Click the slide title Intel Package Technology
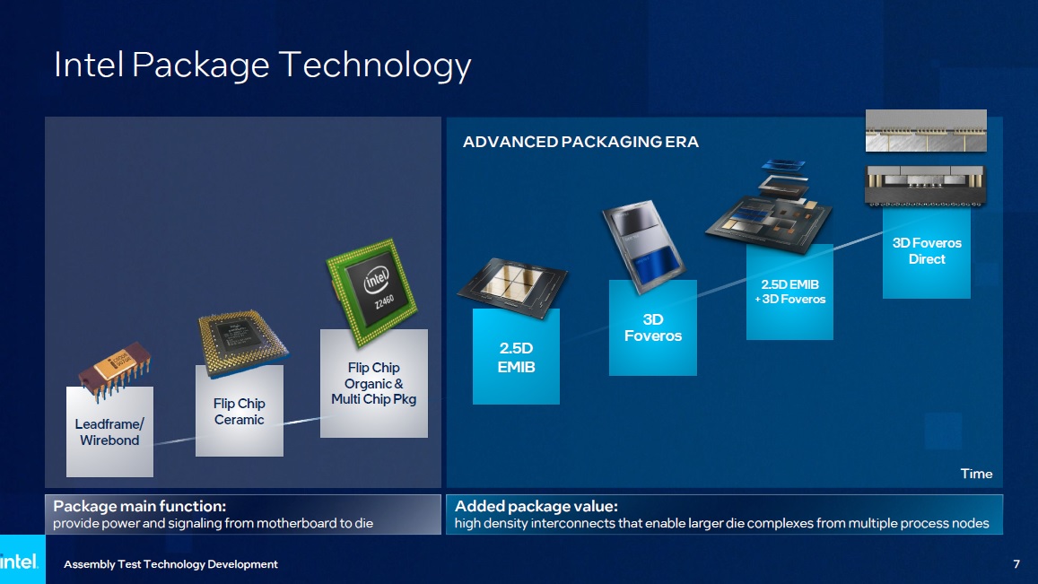(x=262, y=65)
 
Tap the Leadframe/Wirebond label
(x=109, y=432)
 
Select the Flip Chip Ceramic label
(x=239, y=411)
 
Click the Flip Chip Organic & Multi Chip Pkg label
(x=373, y=383)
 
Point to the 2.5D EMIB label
(x=517, y=358)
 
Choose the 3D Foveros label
(x=653, y=327)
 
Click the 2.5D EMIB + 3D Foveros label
(x=789, y=292)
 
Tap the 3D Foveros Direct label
(x=927, y=251)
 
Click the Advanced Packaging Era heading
(x=580, y=142)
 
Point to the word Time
(x=976, y=474)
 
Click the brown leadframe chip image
(x=114, y=370)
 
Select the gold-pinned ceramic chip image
(x=242, y=343)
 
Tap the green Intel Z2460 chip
(x=372, y=292)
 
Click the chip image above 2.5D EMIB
(x=512, y=286)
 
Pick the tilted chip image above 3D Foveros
(x=642, y=245)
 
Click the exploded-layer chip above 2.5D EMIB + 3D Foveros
(x=770, y=206)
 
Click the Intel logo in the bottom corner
(x=20, y=562)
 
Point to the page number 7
(x=1016, y=564)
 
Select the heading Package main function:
(x=140, y=506)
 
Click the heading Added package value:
(x=536, y=506)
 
